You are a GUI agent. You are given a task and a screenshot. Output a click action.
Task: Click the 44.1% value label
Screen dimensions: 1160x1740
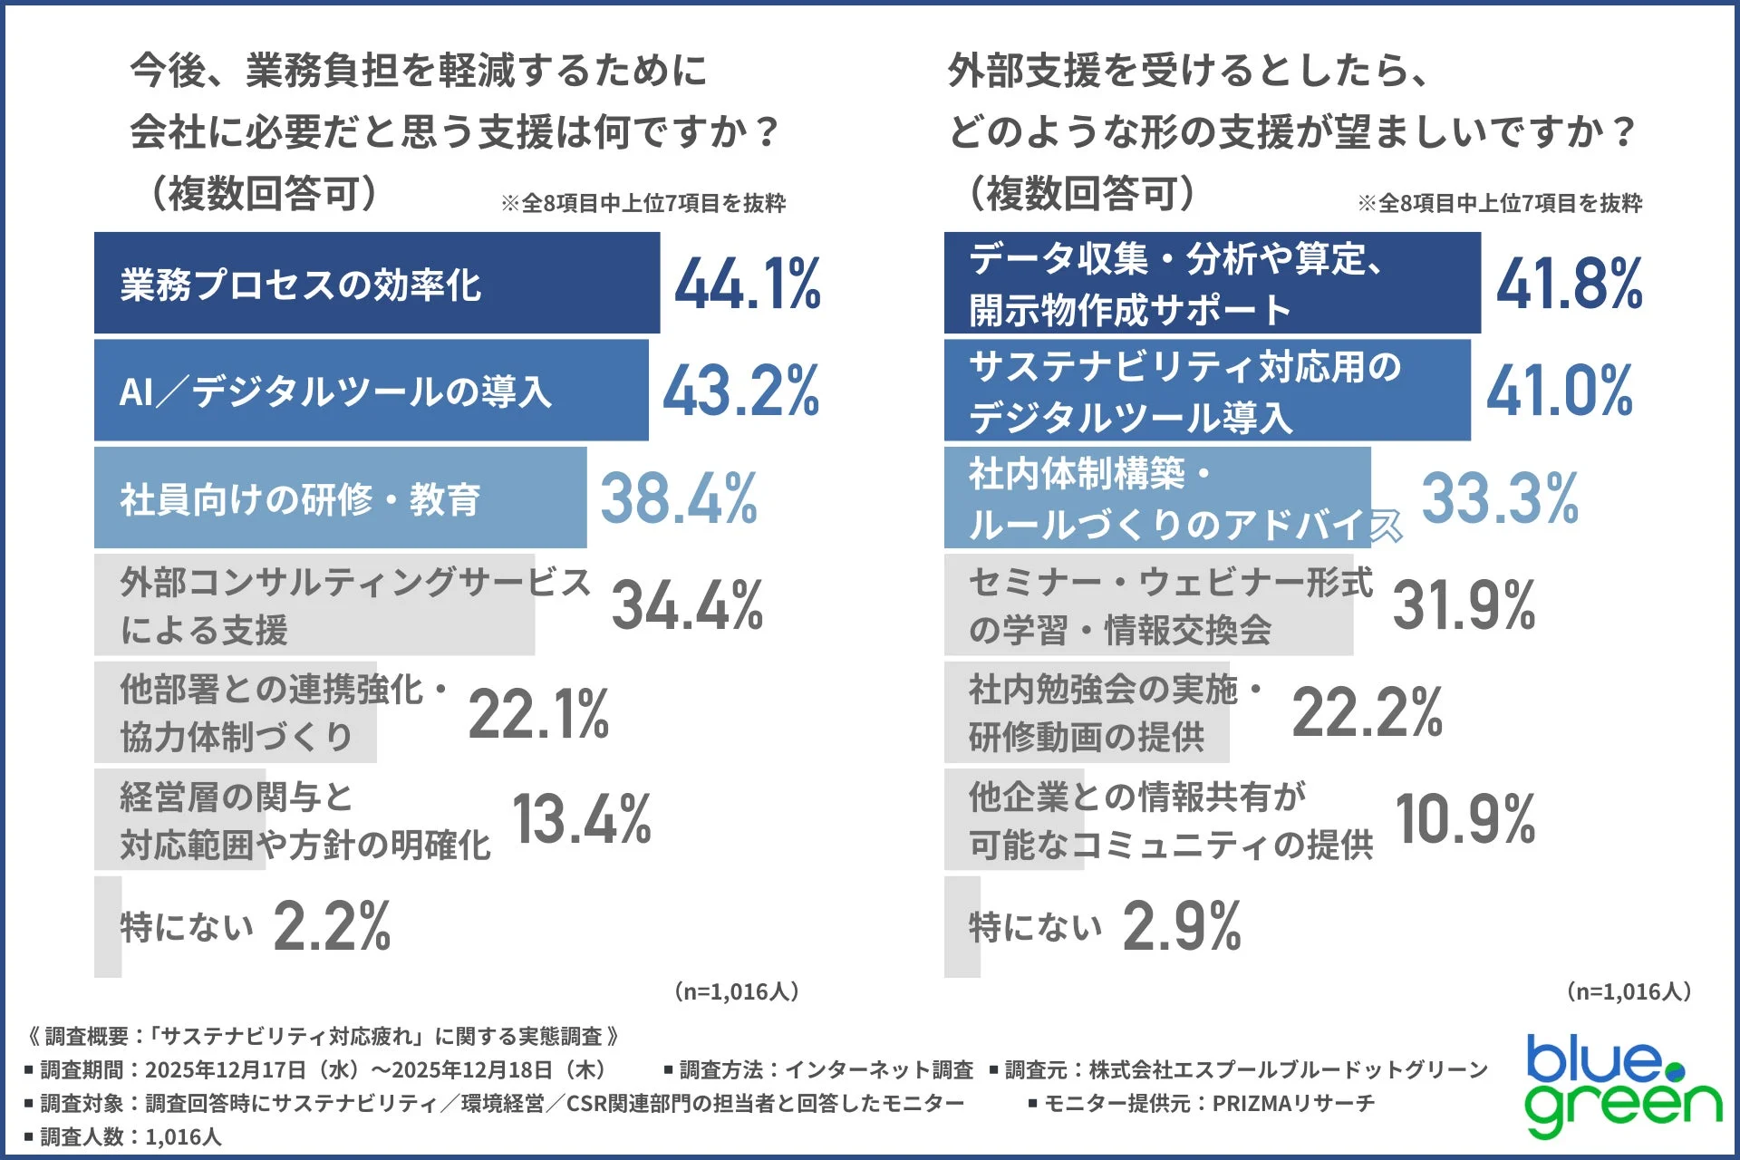(748, 284)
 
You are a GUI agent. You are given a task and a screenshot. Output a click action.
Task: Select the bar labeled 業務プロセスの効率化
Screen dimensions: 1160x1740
(376, 284)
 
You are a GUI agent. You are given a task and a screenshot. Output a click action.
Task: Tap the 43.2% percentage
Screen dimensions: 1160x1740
(741, 391)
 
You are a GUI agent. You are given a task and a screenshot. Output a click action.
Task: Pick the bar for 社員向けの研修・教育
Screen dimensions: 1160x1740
(340, 498)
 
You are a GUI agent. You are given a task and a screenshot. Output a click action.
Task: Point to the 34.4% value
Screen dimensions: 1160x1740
(687, 605)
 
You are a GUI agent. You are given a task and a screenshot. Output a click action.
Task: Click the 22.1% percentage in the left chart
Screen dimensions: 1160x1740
(538, 713)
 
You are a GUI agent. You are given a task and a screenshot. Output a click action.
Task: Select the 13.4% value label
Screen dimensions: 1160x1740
(582, 819)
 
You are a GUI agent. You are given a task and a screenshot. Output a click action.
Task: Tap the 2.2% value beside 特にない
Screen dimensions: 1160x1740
(332, 926)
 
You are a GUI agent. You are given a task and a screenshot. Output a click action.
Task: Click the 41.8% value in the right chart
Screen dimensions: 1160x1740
(1569, 284)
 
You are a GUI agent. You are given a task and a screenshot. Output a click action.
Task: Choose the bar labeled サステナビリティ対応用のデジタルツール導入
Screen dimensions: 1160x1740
(1206, 391)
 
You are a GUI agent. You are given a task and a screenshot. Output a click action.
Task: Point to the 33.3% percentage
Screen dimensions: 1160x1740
(1500, 498)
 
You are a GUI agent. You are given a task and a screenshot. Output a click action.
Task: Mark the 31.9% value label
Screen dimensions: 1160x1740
(1464, 605)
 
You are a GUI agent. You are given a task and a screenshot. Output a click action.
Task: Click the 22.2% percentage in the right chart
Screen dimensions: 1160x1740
(1367, 712)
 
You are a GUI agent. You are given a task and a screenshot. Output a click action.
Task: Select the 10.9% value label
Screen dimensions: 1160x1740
(1464, 819)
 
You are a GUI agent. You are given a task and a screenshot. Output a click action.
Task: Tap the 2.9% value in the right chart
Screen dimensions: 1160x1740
(1182, 926)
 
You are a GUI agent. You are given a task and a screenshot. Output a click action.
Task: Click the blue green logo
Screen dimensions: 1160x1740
(1622, 1085)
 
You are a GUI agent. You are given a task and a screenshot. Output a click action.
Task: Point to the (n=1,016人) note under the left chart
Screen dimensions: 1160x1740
(736, 991)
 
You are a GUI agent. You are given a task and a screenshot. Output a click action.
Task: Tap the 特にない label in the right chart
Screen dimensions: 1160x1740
(1035, 926)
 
